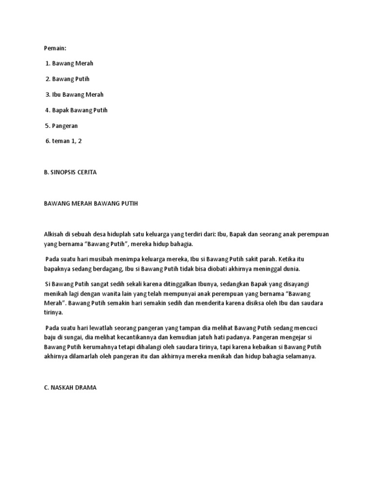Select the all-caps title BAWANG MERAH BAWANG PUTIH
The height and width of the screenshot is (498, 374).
91,203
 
